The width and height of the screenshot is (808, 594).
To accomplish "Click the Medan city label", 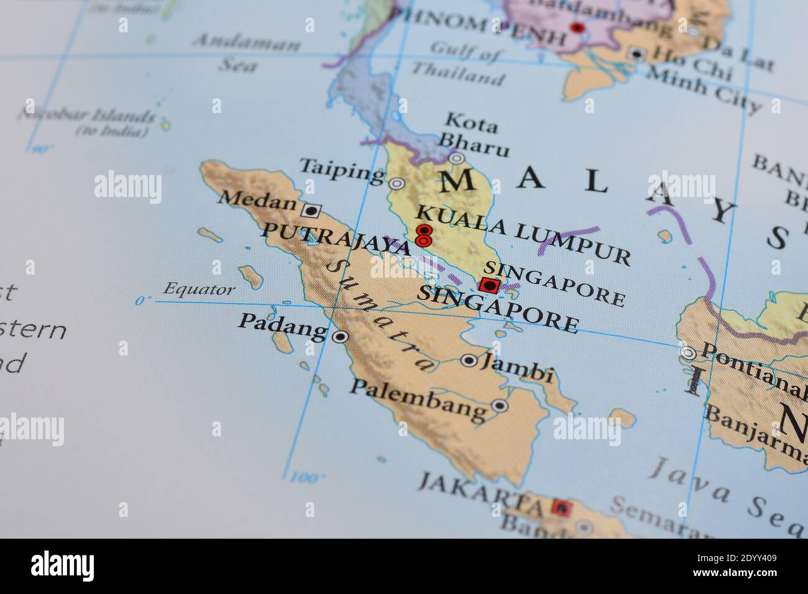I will point(257,200).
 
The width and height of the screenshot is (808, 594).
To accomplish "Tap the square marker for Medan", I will point(310,210).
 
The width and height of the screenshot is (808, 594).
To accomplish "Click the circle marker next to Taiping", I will point(396,184).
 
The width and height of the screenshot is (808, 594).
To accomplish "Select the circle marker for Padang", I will point(340,337).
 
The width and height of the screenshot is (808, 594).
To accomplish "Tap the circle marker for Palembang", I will point(500,406).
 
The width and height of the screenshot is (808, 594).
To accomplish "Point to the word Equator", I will point(199,290).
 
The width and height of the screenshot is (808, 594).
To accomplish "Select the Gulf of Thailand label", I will point(467,65).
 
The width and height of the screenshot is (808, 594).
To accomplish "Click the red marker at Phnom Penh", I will point(577,28).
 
